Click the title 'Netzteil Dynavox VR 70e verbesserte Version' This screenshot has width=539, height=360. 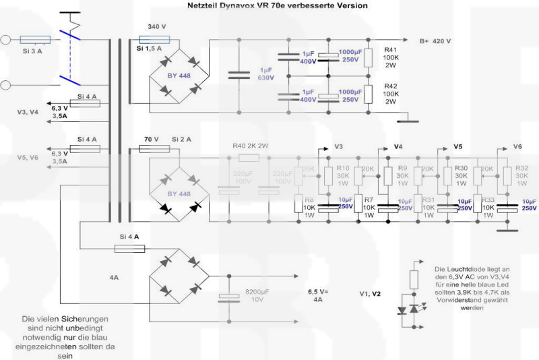tap(278, 5)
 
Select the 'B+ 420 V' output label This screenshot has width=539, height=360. tap(435, 41)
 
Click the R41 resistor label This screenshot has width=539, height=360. tap(391, 50)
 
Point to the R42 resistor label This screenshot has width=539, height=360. tap(391, 87)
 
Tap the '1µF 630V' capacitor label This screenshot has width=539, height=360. tap(265, 74)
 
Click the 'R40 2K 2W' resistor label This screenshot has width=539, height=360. tap(250, 145)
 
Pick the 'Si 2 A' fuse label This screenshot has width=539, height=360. tap(183, 140)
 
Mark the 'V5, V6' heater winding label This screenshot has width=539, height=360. tap(31, 157)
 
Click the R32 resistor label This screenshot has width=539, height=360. tap(521, 168)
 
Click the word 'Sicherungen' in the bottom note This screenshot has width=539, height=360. tap(89, 318)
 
